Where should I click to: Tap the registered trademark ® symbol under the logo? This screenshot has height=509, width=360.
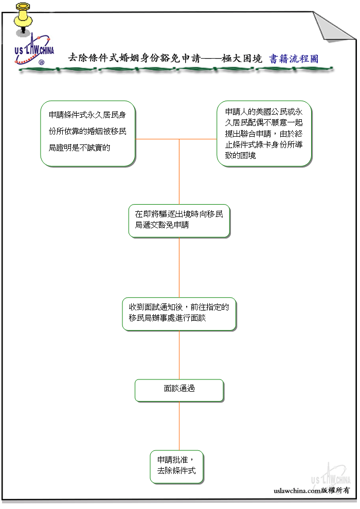coord(42,62)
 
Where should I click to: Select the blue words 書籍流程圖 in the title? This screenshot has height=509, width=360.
coord(294,59)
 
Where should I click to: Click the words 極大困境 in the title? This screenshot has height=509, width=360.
coord(242,59)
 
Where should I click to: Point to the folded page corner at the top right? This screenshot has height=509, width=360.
coord(334,27)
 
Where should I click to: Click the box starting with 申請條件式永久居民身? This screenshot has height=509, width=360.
coord(88,134)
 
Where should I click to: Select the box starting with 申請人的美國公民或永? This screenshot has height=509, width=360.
coord(264,134)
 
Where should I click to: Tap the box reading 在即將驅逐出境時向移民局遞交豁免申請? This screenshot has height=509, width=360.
coord(179,221)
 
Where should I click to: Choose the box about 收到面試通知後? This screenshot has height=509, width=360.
coord(179,314)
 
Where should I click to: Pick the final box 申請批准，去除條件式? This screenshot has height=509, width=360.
coord(177,467)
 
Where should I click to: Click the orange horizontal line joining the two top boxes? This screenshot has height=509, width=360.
coord(176,139)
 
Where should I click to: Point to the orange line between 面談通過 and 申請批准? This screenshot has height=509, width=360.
coord(179,426)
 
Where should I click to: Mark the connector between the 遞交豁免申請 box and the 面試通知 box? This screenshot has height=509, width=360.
coord(179,267)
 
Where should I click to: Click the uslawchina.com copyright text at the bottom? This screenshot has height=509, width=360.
coord(312,490)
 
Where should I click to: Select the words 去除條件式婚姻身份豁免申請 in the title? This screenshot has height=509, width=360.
coord(134,58)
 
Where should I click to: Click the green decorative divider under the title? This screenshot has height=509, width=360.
coord(176,69)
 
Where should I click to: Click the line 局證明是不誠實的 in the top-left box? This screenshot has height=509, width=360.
coord(80,148)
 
